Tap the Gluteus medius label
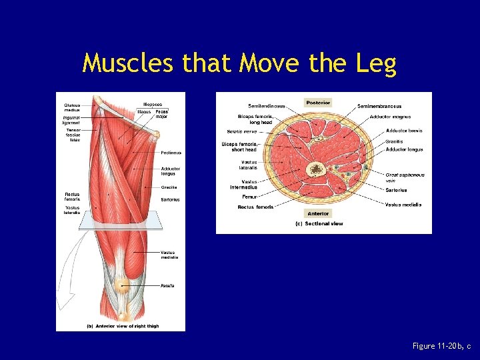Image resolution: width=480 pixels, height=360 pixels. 72,107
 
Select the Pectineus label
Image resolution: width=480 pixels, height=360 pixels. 171,153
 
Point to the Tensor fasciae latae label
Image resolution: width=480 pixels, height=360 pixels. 73,135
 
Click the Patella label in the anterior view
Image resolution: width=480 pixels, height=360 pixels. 167,285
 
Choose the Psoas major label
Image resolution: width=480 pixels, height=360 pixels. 161,114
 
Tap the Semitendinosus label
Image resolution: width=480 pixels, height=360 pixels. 266,106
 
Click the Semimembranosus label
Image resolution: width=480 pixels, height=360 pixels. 379,106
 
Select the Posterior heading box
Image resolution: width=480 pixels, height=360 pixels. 318,103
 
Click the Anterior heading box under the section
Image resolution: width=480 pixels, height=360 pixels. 318,213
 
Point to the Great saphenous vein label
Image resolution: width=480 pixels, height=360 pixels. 405,177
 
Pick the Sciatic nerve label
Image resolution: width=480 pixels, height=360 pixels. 241,131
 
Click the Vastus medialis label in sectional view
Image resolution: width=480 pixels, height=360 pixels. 403,205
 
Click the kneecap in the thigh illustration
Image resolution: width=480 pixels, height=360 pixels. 121,285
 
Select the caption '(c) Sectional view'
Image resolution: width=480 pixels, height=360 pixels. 319,224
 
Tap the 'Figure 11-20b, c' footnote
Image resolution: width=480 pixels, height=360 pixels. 441,346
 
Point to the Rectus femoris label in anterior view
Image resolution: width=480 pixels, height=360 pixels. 72,197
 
